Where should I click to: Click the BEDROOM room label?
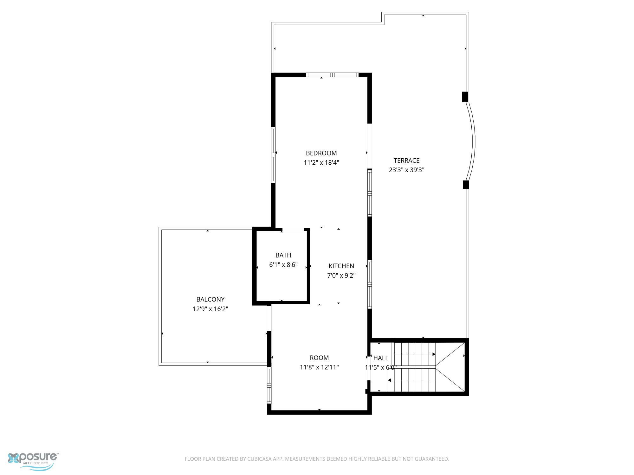tap(321, 153)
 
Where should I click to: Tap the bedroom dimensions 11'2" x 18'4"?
tap(321, 163)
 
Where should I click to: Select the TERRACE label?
tap(406, 161)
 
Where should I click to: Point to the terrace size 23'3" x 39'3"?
tap(406, 170)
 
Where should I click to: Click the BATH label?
tap(283, 255)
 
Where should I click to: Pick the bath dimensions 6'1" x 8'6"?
tap(283, 265)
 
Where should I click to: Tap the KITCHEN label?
tap(341, 266)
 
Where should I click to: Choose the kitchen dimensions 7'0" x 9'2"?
tap(341, 275)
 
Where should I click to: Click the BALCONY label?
tap(210, 300)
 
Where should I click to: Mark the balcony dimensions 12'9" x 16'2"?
tap(210, 309)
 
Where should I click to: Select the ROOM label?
tap(319, 358)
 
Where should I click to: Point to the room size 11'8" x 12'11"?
tap(319, 367)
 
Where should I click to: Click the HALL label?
tap(381, 358)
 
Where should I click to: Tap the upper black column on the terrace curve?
tap(465, 97)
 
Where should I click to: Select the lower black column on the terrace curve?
tap(466, 185)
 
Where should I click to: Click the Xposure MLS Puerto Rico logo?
tap(33, 461)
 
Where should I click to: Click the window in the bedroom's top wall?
tap(332, 75)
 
